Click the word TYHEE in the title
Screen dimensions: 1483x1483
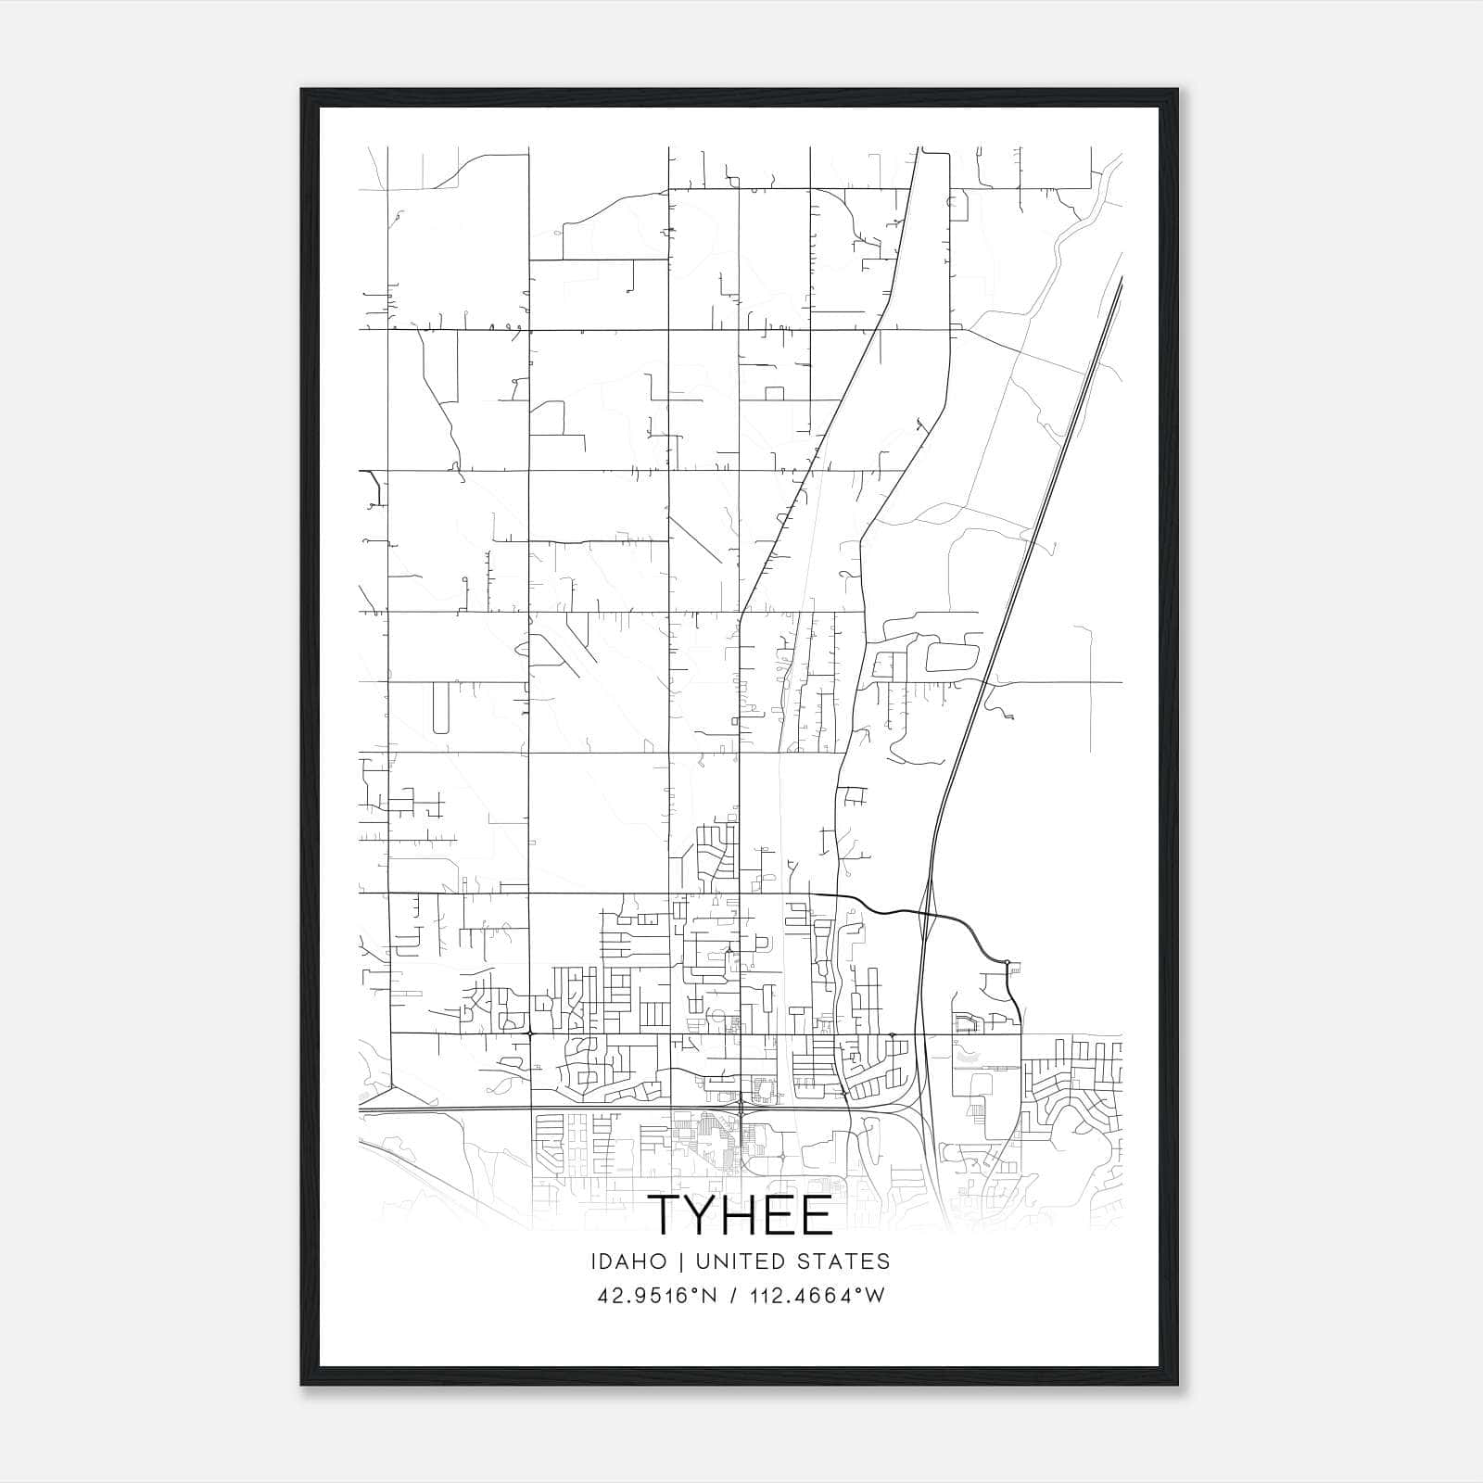point(741,1215)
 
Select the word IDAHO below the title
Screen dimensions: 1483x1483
point(627,1261)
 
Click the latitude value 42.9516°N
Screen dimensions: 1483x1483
point(658,1296)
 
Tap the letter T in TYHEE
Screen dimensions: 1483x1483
point(667,1215)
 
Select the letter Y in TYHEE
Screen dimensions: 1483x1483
point(706,1215)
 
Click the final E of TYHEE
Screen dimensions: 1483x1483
point(818,1215)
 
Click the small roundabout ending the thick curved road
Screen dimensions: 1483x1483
point(1007,962)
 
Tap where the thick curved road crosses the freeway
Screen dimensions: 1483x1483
point(928,915)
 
